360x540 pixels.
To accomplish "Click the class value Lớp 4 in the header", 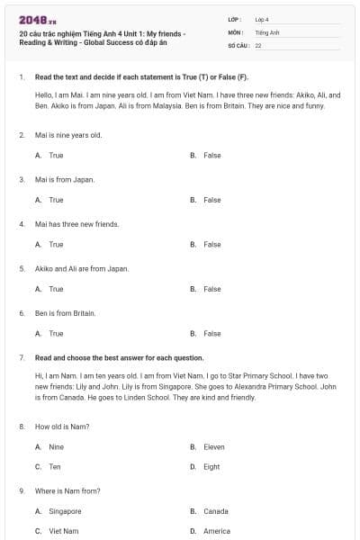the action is pyautogui.click(x=262, y=19).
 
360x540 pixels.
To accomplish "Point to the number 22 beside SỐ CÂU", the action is pyautogui.click(x=258, y=44).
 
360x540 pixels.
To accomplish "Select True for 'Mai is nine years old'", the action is pyautogui.click(x=56, y=156).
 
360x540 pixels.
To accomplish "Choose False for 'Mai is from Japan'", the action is pyautogui.click(x=211, y=200).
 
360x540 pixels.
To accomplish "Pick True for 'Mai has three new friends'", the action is pyautogui.click(x=56, y=244).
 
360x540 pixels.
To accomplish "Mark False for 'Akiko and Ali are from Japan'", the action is pyautogui.click(x=211, y=289).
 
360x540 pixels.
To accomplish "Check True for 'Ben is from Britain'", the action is pyautogui.click(x=56, y=333).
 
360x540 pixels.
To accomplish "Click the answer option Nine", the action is pyautogui.click(x=56, y=446).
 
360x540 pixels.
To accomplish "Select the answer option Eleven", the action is pyautogui.click(x=214, y=446).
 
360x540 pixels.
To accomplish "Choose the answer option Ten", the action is pyautogui.click(x=55, y=467).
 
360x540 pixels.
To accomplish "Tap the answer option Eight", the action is pyautogui.click(x=211, y=467).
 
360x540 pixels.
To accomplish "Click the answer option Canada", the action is pyautogui.click(x=216, y=511).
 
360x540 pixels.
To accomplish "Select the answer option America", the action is pyautogui.click(x=217, y=531).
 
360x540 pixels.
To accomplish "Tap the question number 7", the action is pyautogui.click(x=21, y=357).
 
